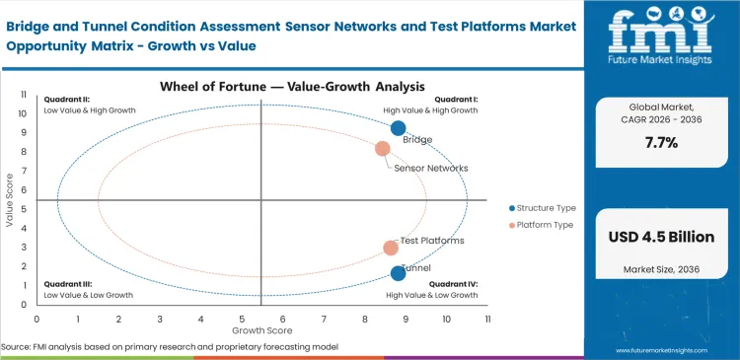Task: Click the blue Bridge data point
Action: (x=398, y=128)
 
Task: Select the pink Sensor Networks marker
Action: (x=383, y=149)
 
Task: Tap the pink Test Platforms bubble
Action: (x=391, y=249)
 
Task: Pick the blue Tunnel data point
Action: (x=398, y=273)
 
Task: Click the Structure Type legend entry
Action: (x=542, y=208)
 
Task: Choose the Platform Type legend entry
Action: (x=542, y=226)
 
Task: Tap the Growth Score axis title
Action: (x=261, y=330)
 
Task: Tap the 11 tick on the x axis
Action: (x=487, y=320)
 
